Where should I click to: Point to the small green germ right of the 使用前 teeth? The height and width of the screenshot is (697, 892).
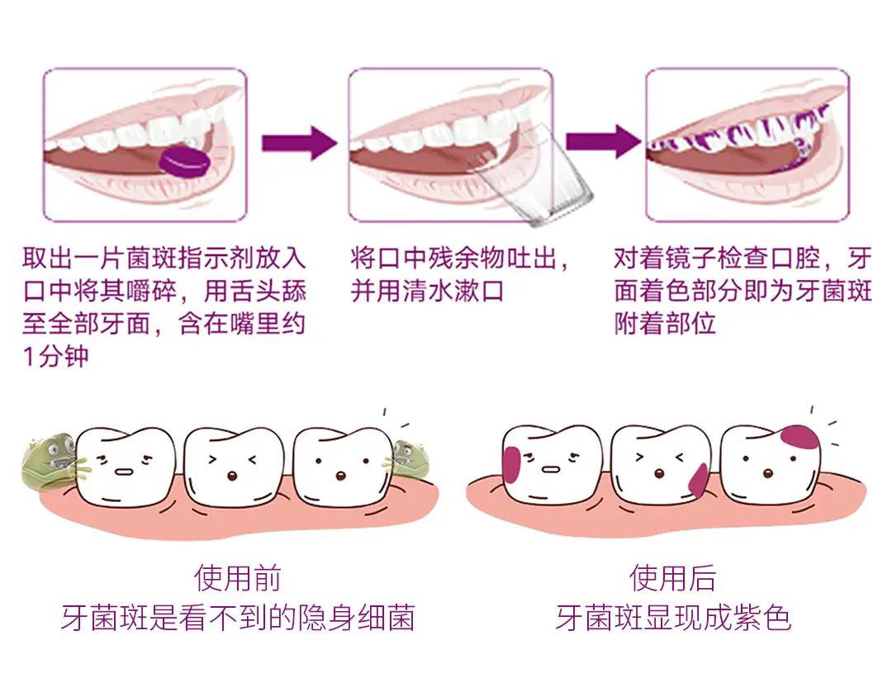coord(408,459)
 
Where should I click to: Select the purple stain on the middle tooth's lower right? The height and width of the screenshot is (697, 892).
coord(698,479)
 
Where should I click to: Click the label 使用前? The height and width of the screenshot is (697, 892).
coord(238,577)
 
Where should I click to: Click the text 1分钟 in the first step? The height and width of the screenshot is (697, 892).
coord(55,358)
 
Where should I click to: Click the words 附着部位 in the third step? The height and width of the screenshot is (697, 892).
coord(665,323)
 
